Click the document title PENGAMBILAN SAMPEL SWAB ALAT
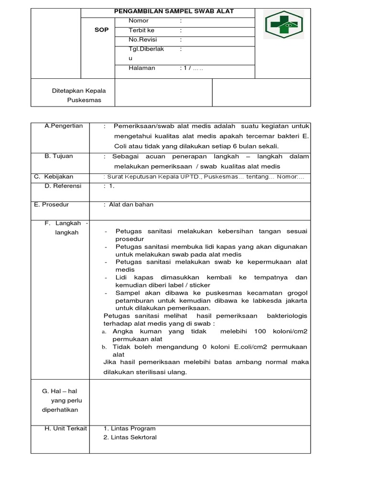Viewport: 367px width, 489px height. (x=175, y=11)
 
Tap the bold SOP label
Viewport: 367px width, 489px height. (x=102, y=30)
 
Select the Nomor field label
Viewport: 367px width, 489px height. (x=139, y=21)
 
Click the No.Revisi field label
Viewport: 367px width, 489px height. (x=143, y=40)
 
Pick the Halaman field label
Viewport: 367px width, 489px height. (x=142, y=68)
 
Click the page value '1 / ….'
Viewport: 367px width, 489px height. (x=192, y=68)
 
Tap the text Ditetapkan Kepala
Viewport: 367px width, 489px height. (x=79, y=91)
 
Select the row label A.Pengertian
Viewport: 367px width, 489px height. (x=64, y=126)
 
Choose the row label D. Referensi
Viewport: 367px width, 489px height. (x=63, y=186)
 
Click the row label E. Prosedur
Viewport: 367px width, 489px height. (x=52, y=204)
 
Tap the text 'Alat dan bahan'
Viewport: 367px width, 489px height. (x=131, y=204)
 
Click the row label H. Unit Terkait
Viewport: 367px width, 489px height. (x=65, y=428)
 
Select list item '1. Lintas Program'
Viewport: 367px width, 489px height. (x=130, y=428)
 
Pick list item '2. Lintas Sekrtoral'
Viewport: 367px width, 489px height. (x=130, y=437)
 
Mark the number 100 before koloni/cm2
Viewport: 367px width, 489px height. (x=260, y=331)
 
